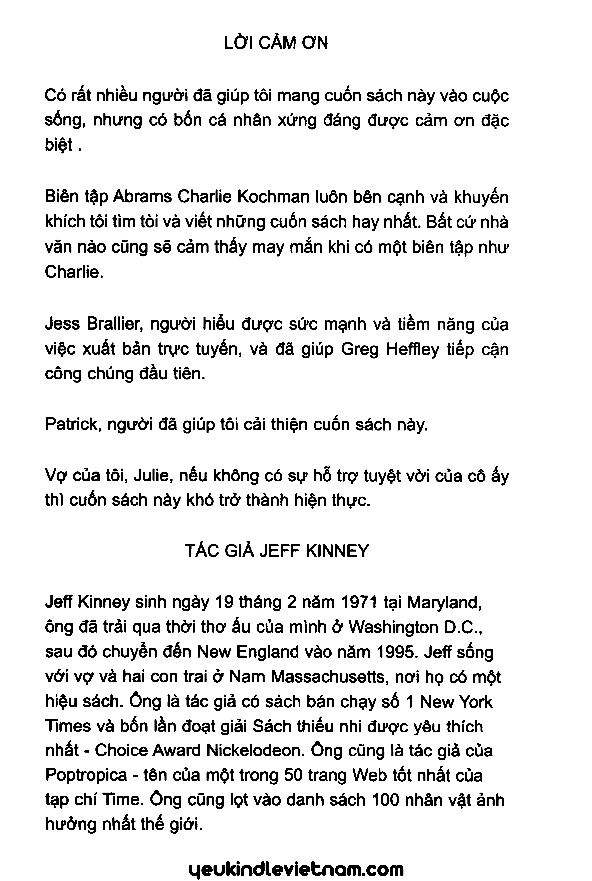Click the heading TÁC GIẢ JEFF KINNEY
pos(277,551)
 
